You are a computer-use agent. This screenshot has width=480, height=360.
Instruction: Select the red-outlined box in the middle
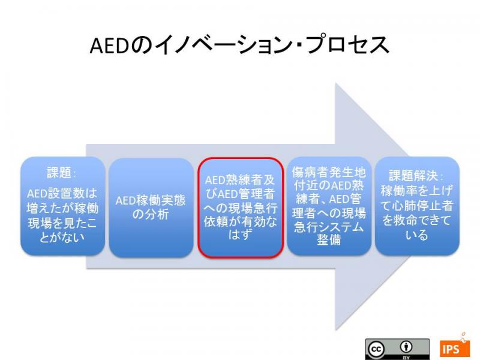tap(241, 208)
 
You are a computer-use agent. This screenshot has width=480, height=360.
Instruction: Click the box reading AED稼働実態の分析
tap(151, 208)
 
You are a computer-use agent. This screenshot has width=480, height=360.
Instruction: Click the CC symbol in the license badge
tap(376, 349)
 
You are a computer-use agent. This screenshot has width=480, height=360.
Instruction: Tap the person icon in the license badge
tap(406, 347)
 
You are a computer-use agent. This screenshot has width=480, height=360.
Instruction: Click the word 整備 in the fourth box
tap(329, 239)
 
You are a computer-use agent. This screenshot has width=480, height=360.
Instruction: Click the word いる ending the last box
tap(416, 235)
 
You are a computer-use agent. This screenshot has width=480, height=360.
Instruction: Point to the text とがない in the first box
tap(62, 237)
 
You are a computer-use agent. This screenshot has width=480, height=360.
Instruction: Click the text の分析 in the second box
tap(151, 214)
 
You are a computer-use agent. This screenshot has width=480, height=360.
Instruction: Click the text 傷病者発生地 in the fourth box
tap(329, 172)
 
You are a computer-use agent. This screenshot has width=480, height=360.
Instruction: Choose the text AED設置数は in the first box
tap(62, 193)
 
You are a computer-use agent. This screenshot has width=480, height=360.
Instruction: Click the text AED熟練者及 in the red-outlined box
tap(240, 180)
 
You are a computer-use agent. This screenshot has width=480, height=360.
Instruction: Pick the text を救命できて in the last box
tap(416, 220)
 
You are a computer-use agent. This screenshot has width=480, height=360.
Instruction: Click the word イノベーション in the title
tap(224, 46)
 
